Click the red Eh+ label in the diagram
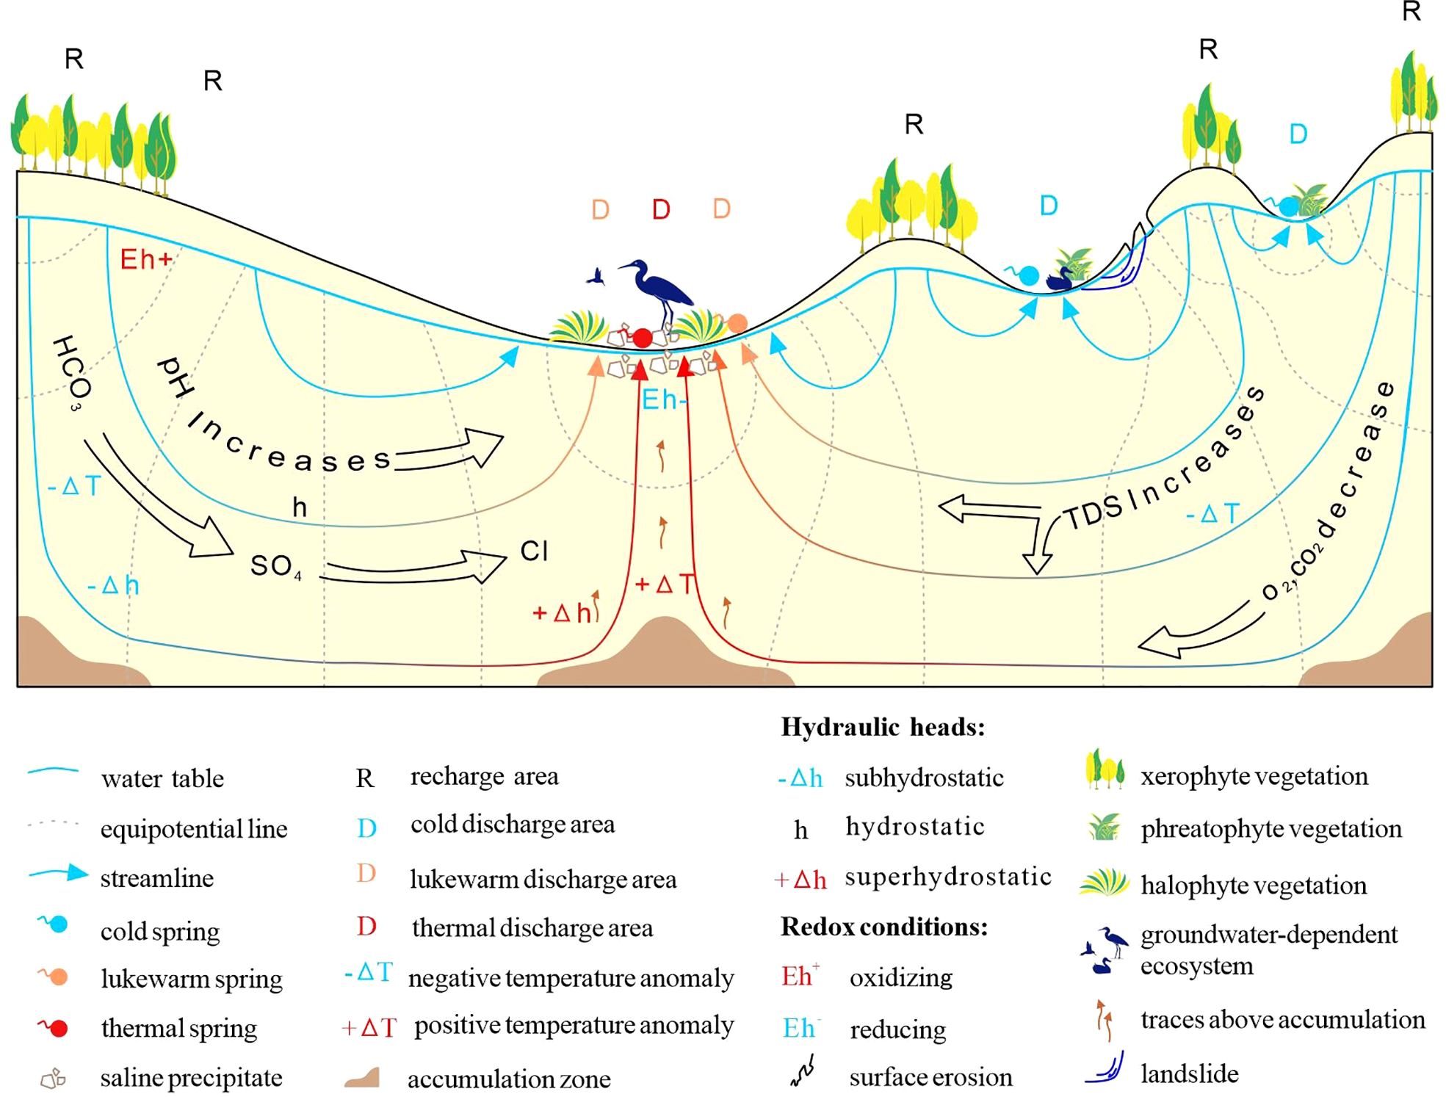point(146,259)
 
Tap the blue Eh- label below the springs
point(664,400)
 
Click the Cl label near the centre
point(534,551)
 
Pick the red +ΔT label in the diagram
point(664,584)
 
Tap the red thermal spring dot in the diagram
point(643,338)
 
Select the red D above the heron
point(661,210)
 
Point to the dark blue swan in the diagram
point(1058,280)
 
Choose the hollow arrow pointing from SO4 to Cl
point(415,569)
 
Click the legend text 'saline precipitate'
point(191,1078)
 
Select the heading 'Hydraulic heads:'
point(882,727)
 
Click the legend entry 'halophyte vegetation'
point(1253,886)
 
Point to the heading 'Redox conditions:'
point(883,927)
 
